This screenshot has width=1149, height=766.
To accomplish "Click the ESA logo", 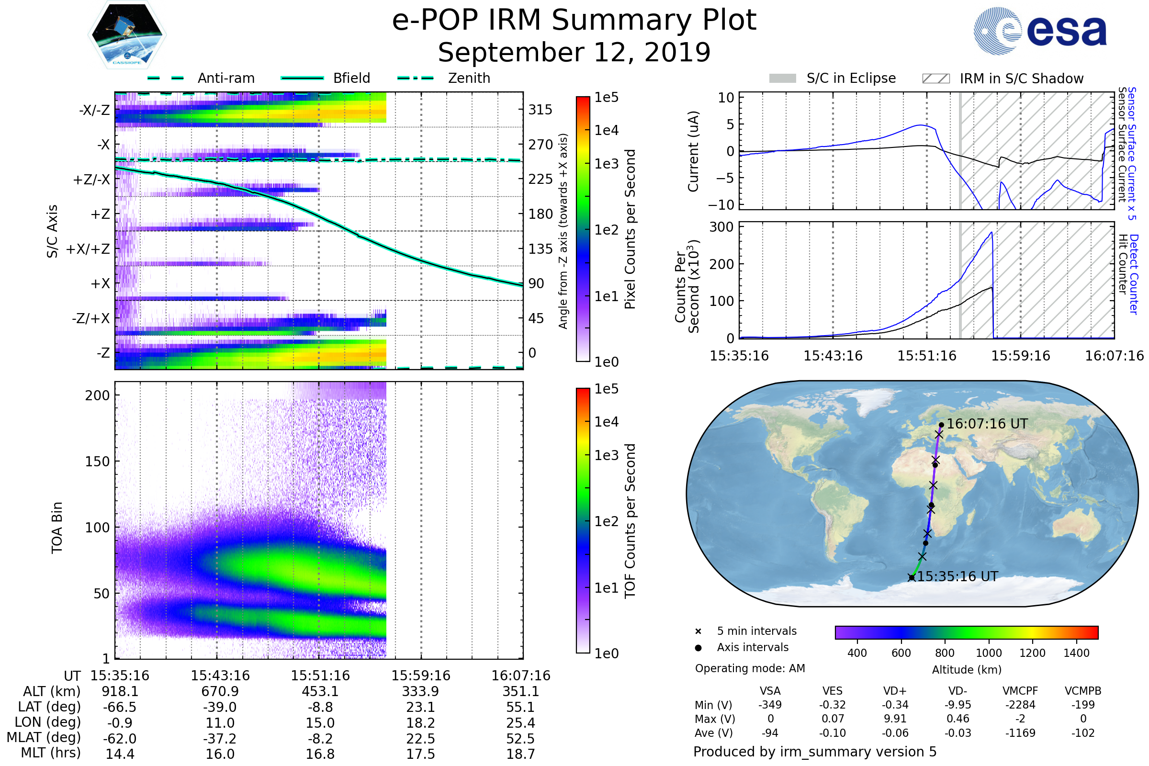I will [x=1040, y=30].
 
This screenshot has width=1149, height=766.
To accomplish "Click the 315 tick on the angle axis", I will [x=540, y=110].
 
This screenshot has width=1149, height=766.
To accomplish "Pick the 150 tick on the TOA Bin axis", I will [x=97, y=462].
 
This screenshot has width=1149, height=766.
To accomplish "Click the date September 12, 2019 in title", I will [x=574, y=53].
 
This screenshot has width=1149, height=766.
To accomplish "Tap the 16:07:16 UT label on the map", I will [x=987, y=424].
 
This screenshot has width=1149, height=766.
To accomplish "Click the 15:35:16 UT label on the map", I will [x=957, y=577].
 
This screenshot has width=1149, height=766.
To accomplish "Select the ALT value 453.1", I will [x=320, y=692].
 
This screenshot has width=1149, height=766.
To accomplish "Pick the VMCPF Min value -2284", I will [x=1020, y=705].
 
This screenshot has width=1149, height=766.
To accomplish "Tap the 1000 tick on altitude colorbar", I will [x=989, y=653].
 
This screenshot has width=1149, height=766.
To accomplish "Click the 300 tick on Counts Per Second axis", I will [x=721, y=227].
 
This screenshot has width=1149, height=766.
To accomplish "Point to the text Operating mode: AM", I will [x=750, y=668].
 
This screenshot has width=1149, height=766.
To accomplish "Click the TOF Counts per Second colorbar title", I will [x=630, y=521].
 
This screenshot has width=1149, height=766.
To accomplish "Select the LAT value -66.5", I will [x=120, y=708].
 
